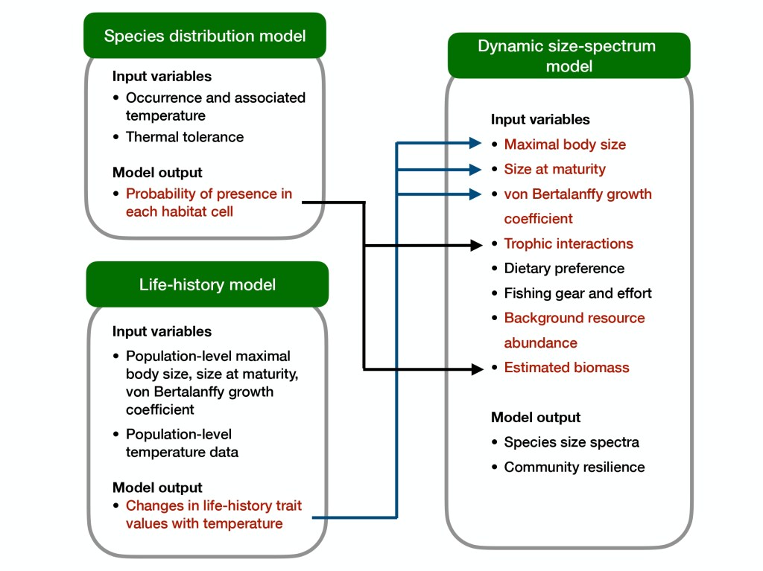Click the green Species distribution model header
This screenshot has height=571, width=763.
click(205, 36)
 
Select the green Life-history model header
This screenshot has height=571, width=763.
click(207, 284)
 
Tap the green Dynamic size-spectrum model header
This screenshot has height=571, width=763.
click(568, 56)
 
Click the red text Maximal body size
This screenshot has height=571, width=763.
click(565, 144)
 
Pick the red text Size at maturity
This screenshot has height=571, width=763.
click(554, 169)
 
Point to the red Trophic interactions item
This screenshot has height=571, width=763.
click(569, 243)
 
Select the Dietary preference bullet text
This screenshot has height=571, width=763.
click(564, 268)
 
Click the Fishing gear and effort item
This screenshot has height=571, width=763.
click(577, 293)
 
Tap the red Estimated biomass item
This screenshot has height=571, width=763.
click(566, 367)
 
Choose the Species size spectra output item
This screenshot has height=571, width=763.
click(572, 442)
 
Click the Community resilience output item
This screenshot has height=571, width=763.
click(574, 467)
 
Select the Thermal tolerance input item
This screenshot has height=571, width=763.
click(185, 137)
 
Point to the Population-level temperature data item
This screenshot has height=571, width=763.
click(182, 442)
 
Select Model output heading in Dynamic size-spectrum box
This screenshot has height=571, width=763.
click(536, 418)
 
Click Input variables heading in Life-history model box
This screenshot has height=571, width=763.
click(162, 331)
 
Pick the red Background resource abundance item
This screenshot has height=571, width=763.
click(574, 330)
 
